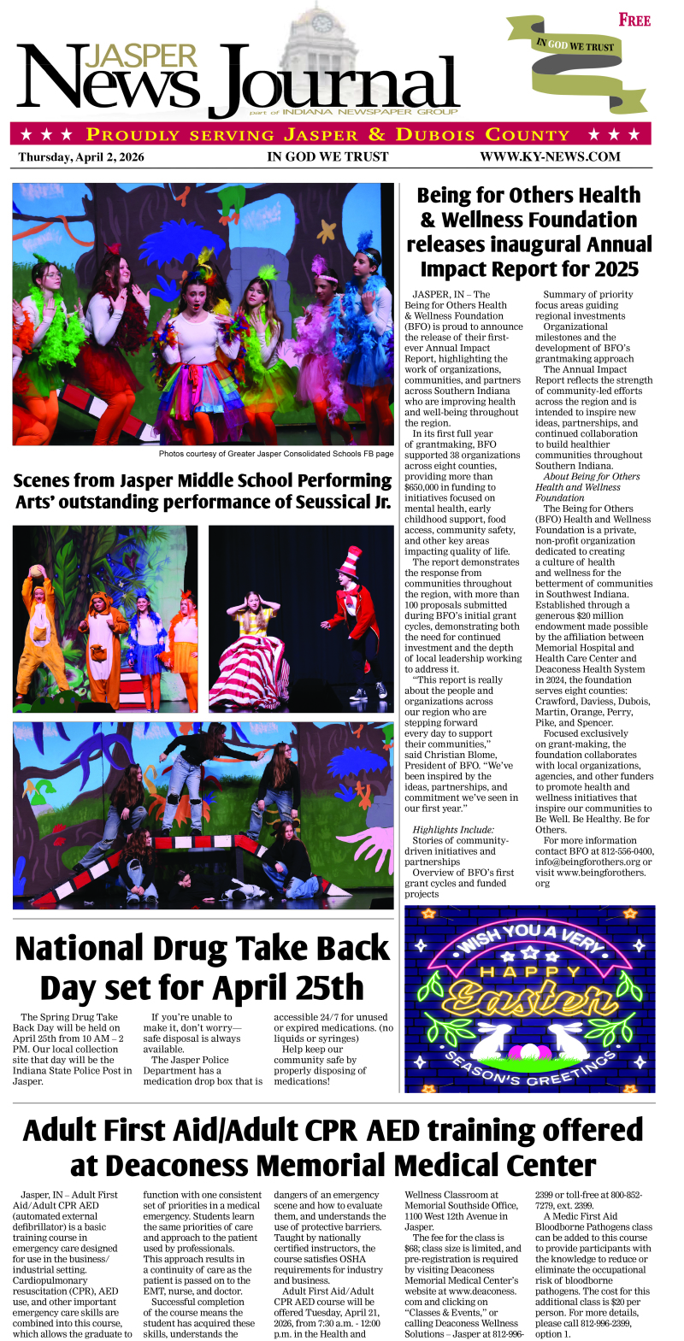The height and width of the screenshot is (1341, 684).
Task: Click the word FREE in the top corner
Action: point(634,20)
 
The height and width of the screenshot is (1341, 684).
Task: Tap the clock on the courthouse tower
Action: point(321,23)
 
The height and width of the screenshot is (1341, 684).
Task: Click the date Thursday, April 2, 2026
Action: point(81,156)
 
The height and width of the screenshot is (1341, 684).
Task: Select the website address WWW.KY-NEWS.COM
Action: point(550,156)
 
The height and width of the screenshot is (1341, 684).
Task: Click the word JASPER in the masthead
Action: point(141,56)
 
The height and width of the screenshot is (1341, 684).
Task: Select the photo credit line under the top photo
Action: point(275,454)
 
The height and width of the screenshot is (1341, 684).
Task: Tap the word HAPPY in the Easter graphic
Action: point(530,972)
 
